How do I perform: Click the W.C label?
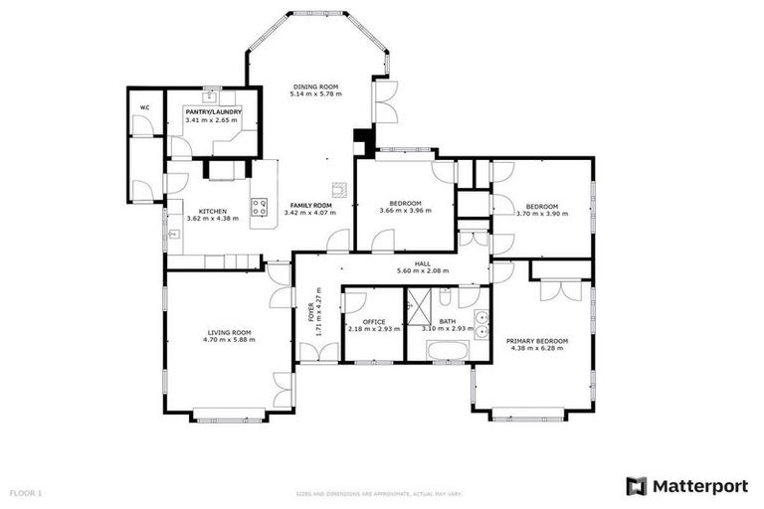pos(144,106)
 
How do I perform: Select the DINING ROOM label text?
pos(314,87)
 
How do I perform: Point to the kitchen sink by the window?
pos(173,235)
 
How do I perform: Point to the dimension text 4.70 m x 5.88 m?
pos(230,340)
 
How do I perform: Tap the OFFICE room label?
pos(374,321)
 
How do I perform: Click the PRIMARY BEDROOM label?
pos(537,341)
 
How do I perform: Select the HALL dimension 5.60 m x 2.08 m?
pos(423,270)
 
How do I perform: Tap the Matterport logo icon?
pos(636,486)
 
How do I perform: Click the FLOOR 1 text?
pos(26,492)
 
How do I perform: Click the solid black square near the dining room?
pos(360,140)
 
